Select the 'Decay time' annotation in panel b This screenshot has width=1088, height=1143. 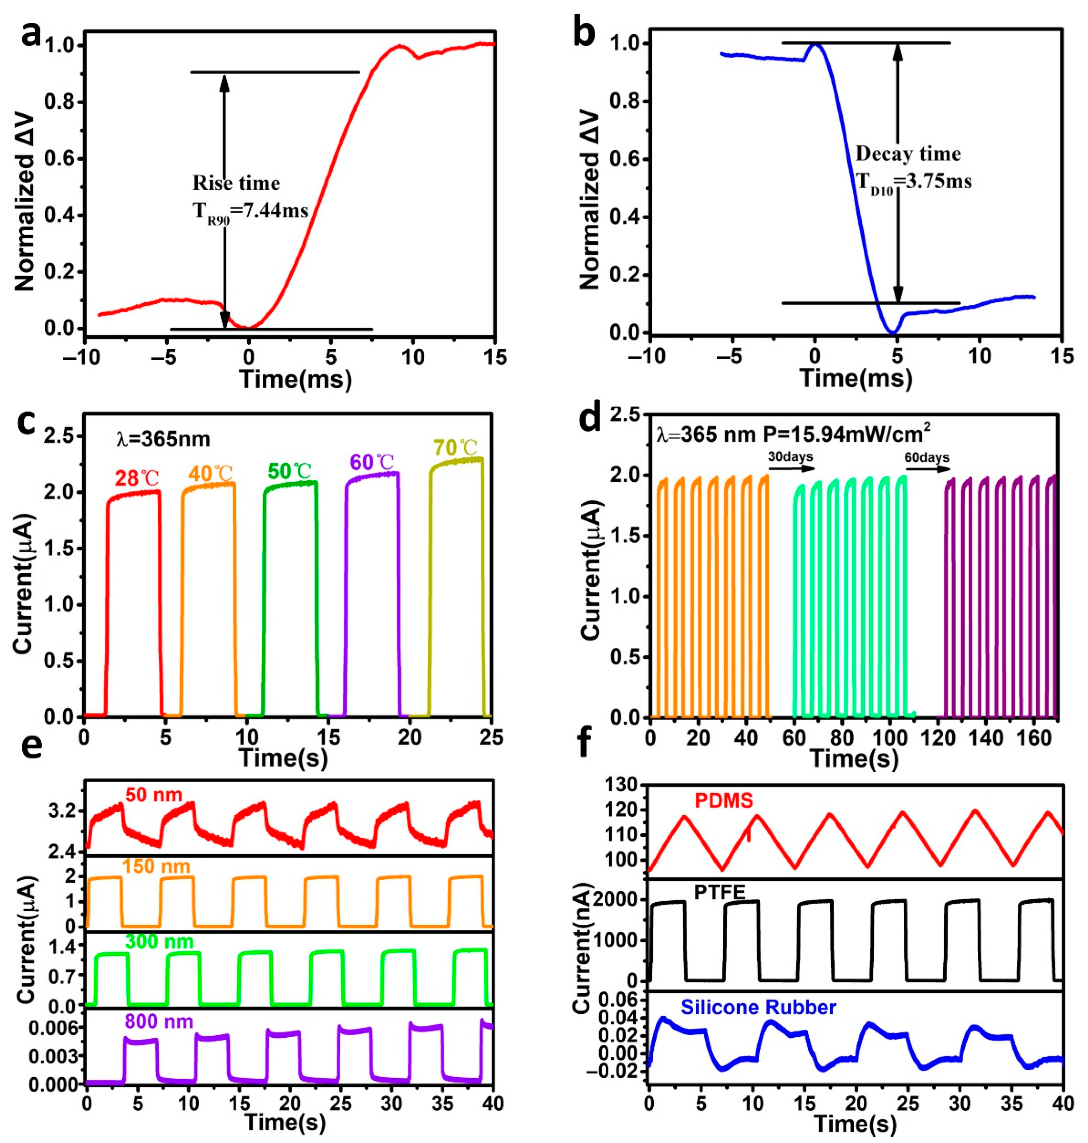[908, 154]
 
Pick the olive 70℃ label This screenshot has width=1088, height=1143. [455, 448]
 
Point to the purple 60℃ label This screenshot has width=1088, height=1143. [372, 462]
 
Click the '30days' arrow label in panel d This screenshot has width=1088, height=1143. [790, 456]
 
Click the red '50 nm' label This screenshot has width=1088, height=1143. [154, 794]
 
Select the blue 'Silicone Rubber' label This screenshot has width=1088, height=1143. [758, 1007]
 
